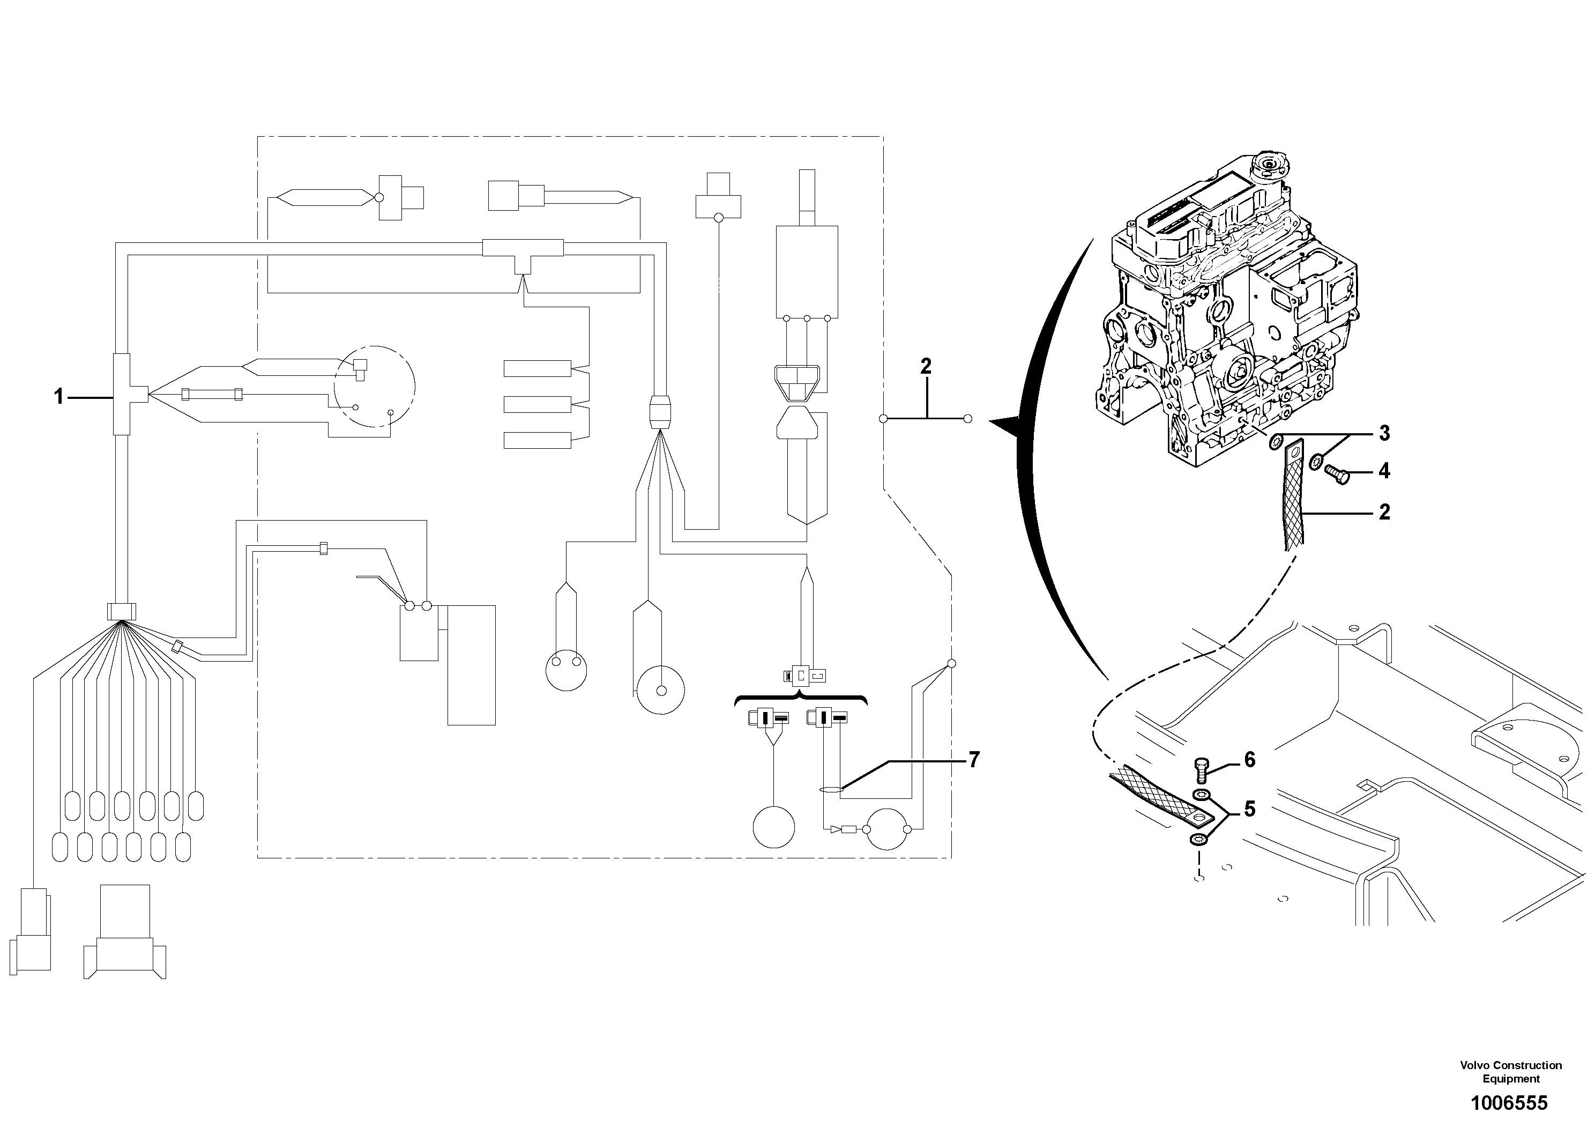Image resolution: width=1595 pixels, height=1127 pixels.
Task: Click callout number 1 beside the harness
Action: coord(59,397)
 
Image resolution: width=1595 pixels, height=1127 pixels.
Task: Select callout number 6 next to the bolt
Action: coord(1250,760)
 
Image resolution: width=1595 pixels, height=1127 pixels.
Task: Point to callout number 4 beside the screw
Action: coord(1384,472)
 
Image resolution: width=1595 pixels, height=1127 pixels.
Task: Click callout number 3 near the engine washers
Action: coord(1384,434)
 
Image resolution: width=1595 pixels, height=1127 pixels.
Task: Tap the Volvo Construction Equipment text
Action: coord(1511,1071)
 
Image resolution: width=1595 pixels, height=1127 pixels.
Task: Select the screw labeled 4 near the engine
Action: coord(1337,474)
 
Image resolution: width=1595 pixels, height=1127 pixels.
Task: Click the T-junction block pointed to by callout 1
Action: coord(122,395)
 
